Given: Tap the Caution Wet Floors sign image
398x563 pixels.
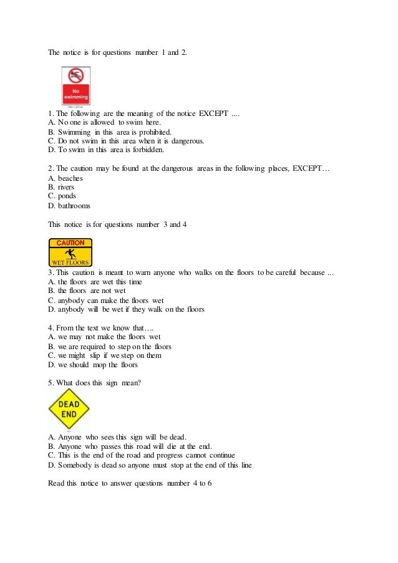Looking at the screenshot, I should tap(70, 253).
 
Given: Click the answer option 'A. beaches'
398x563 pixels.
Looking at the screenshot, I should tap(66, 178).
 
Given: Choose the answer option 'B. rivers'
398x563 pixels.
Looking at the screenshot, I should tap(61, 187).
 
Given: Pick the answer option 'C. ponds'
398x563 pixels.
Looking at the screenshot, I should tap(62, 196).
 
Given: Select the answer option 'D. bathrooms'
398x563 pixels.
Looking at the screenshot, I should tap(69, 205).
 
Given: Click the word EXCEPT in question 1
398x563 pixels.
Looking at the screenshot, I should tap(213, 113).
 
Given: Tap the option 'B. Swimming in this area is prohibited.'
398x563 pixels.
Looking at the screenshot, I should tap(109, 132).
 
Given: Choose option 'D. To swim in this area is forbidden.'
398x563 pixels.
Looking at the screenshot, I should tap(106, 150).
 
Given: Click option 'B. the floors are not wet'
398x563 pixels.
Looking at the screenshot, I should tap(87, 291).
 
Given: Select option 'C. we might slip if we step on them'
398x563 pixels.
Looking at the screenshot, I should tap(105, 355).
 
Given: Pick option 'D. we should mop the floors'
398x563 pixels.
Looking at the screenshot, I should tap(93, 365).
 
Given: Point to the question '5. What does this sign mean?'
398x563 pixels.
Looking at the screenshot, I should tap(94, 383).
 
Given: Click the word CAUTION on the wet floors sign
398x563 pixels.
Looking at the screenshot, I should tap(70, 243).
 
